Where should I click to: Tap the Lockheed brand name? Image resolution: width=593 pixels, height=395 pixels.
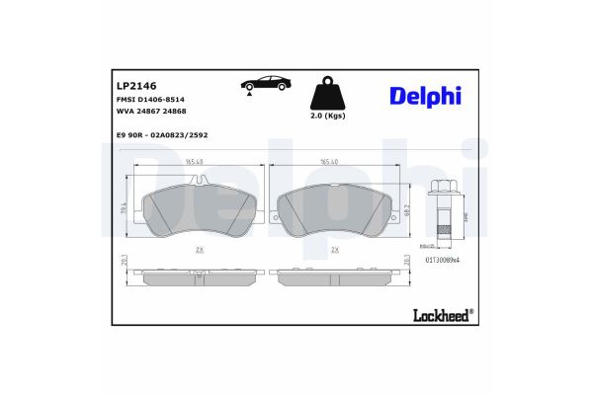coord(442,316)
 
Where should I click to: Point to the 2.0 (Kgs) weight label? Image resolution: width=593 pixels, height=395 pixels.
coord(328,116)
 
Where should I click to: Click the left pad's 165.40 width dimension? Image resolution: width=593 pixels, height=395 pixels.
coord(194,162)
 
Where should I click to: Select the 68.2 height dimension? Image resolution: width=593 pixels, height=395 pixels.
coord(407,211)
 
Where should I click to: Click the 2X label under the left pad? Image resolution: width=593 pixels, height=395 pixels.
coord(199,251)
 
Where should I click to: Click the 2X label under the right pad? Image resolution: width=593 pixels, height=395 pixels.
coord(335,251)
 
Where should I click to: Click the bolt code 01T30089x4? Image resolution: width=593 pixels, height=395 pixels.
coord(445,260)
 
